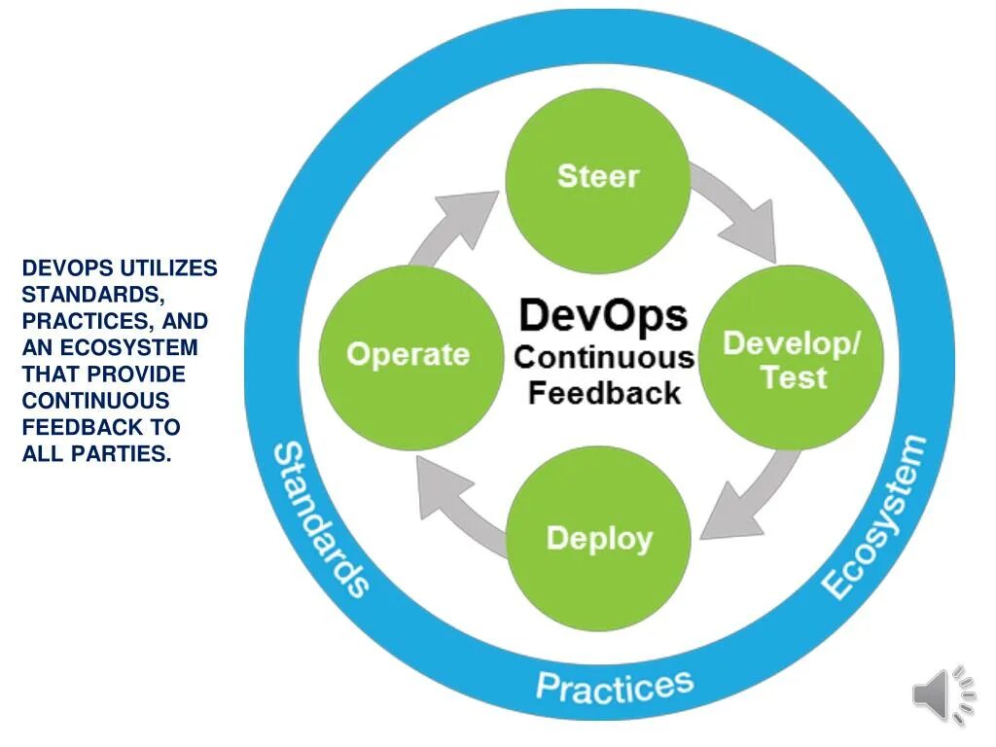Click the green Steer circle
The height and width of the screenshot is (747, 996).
(x=599, y=179)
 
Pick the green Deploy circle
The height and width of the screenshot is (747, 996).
(x=599, y=538)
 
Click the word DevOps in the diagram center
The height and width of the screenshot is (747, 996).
(x=603, y=317)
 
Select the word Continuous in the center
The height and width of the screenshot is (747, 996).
(x=604, y=357)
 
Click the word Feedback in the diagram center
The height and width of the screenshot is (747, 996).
(x=604, y=394)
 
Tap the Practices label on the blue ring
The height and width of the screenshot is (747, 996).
(x=615, y=686)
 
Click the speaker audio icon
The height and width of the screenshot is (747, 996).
(x=943, y=694)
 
